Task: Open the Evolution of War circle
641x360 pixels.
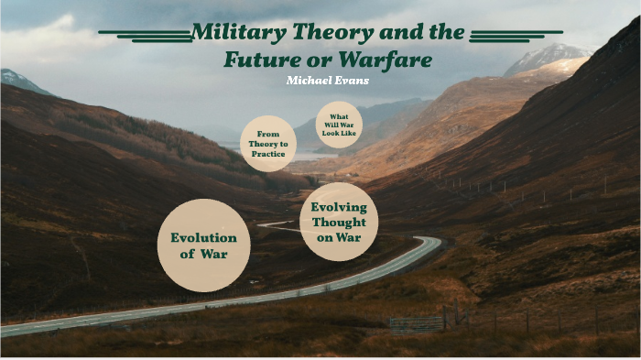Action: click(203, 245)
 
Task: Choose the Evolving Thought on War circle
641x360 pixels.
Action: click(338, 222)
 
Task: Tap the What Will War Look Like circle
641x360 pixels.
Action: click(340, 125)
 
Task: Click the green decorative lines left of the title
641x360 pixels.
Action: click(145, 35)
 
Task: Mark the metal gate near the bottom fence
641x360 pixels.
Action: click(417, 323)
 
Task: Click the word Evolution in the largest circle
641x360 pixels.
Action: click(203, 237)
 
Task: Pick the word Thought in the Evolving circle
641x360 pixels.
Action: click(338, 222)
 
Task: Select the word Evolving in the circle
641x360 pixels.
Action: click(338, 207)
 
